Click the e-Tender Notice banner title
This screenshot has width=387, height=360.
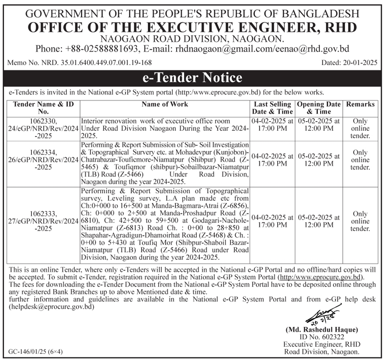(x=192, y=78)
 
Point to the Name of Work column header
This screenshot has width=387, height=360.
(x=165, y=104)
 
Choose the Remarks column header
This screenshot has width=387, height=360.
(x=360, y=104)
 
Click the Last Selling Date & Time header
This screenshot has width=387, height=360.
(x=273, y=108)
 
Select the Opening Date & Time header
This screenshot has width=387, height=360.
(x=319, y=108)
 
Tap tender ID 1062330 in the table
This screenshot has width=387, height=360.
(x=42, y=120)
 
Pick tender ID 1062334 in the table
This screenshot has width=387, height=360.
(x=42, y=152)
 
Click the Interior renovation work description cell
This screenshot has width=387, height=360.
(x=164, y=127)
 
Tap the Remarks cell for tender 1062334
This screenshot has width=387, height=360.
(x=360, y=160)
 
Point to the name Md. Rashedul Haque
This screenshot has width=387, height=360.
(x=321, y=329)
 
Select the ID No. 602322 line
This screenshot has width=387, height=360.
(x=321, y=337)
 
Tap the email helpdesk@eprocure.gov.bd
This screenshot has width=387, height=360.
(x=52, y=308)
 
